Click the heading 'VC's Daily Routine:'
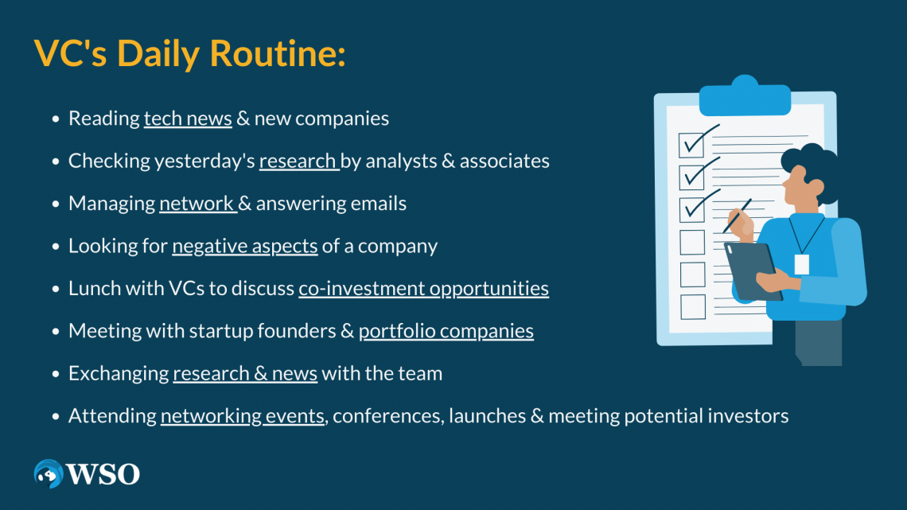[189, 53]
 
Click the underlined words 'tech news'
[188, 119]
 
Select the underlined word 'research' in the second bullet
[298, 161]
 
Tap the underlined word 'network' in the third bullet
[196, 204]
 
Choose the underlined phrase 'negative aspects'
[245, 246]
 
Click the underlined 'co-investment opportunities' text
[423, 288]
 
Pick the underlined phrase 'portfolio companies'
[446, 331]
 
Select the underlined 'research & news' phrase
[245, 373]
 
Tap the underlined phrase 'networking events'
[243, 415]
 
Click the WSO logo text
[103, 474]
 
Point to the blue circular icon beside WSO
[49, 474]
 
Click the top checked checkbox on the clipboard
[691, 144]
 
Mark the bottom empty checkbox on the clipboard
[692, 306]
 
